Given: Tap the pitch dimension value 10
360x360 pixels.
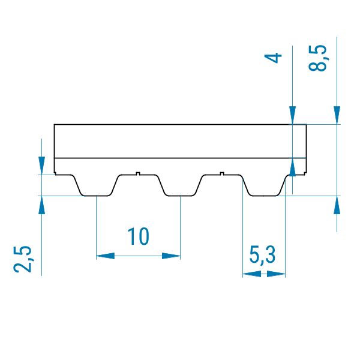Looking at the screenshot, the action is (x=138, y=236).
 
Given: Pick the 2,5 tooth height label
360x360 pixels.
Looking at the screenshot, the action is (x=23, y=259).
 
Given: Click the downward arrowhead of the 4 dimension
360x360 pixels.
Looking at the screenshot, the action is (x=293, y=115).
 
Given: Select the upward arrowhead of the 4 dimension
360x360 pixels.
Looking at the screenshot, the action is (x=293, y=167).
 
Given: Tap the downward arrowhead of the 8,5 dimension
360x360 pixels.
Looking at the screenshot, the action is (x=337, y=115).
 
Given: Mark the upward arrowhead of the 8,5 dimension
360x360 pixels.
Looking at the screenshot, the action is (x=337, y=205).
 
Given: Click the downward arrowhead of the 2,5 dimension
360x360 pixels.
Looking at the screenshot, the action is (x=41, y=166).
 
